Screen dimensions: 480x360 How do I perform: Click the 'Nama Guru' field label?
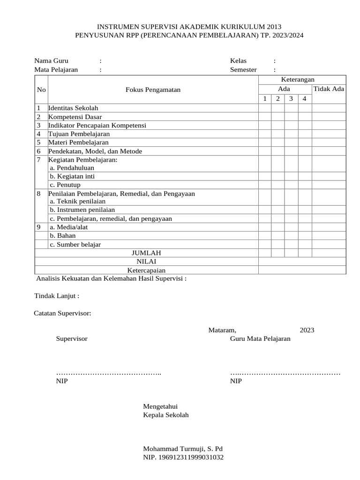tap(52, 61)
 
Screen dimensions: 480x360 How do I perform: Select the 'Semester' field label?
tap(243, 70)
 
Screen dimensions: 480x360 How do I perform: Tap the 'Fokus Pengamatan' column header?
tap(153, 90)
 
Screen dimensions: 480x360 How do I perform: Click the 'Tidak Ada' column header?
tap(329, 89)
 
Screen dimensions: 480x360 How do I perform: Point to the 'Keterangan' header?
tap(297, 80)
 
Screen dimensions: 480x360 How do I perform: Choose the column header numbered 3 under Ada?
tap(291, 99)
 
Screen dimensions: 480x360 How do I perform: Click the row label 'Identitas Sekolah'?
tap(73, 108)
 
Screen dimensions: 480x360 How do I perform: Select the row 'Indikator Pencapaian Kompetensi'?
tap(97, 126)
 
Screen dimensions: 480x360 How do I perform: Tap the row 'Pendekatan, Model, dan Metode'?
tap(95, 151)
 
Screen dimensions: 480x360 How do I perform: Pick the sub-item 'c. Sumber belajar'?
tap(75, 245)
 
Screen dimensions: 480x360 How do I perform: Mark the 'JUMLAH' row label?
tap(146, 253)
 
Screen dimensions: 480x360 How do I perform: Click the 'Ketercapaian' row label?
tap(146, 270)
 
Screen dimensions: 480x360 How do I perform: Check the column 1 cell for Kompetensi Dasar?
tap(265, 117)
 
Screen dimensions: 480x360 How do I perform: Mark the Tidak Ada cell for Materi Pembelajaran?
tap(329, 142)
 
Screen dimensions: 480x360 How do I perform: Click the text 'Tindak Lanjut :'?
tap(57, 296)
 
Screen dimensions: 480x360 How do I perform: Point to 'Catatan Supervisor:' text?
tap(62, 313)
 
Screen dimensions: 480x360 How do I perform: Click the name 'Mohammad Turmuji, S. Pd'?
tap(183, 449)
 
